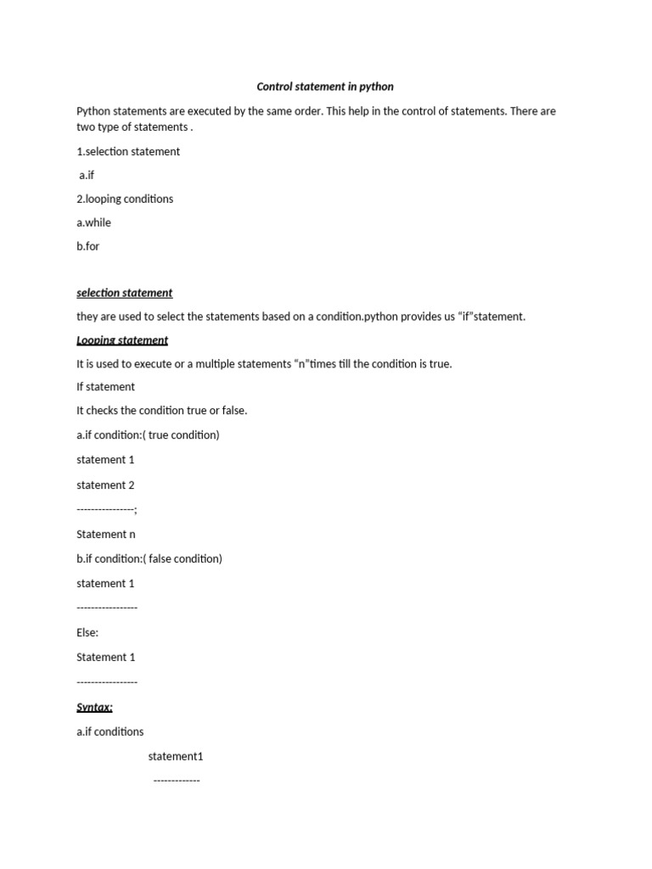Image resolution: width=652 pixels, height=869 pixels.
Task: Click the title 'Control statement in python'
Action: (325, 87)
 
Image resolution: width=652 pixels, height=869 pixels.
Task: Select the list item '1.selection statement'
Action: (128, 151)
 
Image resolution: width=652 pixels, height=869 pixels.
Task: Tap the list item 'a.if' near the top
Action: (87, 175)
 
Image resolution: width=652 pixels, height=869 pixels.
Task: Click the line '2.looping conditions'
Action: (125, 199)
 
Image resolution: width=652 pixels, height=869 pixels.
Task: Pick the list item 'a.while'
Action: (93, 222)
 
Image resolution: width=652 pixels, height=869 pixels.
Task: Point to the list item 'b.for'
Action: (88, 246)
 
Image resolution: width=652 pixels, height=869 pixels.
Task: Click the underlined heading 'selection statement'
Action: (124, 293)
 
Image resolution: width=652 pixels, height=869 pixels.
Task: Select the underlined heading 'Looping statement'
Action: (122, 340)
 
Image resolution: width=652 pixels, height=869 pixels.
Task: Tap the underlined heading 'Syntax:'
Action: (94, 707)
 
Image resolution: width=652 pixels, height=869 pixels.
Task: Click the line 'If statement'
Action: (105, 387)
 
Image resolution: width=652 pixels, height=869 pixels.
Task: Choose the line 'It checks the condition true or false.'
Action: (161, 411)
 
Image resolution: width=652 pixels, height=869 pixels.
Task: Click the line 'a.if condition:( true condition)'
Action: (148, 435)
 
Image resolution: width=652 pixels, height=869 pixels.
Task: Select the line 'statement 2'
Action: (105, 485)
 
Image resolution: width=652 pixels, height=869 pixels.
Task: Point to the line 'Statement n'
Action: (105, 535)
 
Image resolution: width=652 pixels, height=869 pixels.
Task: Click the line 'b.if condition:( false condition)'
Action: (149, 558)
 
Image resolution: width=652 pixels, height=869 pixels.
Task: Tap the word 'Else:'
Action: (87, 633)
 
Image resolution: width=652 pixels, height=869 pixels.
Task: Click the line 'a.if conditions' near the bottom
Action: (110, 732)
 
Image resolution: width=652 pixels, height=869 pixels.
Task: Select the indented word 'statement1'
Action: (176, 756)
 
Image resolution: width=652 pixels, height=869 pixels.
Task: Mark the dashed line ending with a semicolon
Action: (107, 510)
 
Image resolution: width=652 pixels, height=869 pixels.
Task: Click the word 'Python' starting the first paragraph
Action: (93, 111)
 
